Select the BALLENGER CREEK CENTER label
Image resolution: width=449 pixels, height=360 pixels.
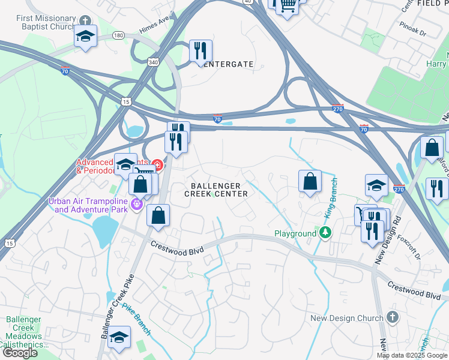point(215,190)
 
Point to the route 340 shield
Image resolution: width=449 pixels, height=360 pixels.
point(153,61)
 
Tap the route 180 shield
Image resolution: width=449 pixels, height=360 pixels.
point(119,35)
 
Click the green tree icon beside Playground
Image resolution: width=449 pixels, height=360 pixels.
point(325,233)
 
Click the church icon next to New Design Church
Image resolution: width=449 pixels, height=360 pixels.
point(393,317)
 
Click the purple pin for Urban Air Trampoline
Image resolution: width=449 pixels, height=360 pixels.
point(137,205)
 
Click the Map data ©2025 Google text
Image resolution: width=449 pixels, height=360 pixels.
point(411,355)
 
